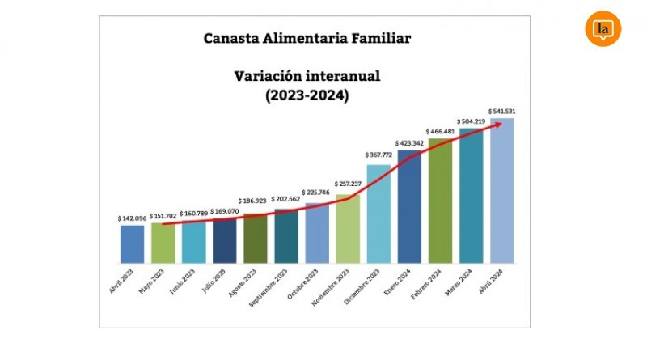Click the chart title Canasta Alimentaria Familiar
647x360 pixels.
[x=307, y=38]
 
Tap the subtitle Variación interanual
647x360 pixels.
[x=307, y=77]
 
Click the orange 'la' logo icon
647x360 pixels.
[x=603, y=30]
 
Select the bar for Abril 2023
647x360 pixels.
[x=132, y=244]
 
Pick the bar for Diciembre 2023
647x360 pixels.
[x=378, y=214]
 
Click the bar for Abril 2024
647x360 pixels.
[x=502, y=191]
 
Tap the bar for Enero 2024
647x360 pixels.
[x=409, y=206]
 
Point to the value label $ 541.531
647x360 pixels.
[x=503, y=111]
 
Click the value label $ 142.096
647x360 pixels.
[x=132, y=218]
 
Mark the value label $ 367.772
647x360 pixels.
[x=378, y=155]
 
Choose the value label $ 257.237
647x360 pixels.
[x=348, y=184]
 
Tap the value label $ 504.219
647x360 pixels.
[x=472, y=121]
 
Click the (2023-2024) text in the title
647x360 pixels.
[x=307, y=95]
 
